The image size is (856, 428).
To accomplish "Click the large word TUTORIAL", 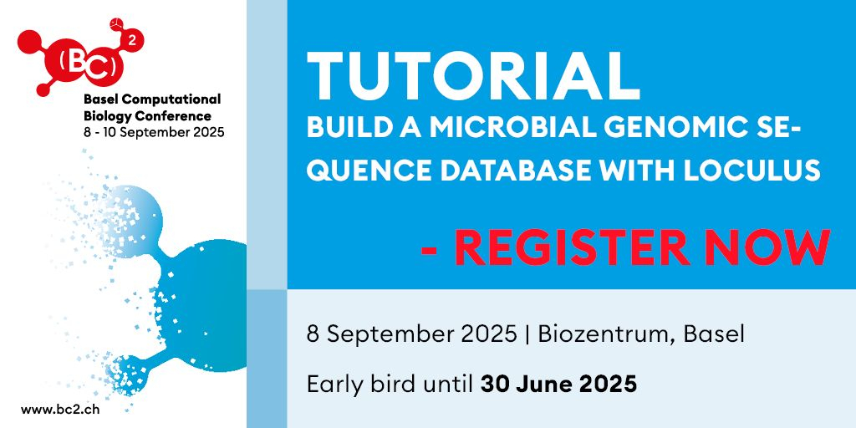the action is (473, 75).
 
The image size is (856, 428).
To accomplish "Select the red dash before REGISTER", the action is (431, 250).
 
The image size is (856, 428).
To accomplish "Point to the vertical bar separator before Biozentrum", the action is (527, 334).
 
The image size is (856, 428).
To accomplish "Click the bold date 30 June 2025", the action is (558, 385).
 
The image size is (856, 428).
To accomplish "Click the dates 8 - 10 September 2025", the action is (154, 133).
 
